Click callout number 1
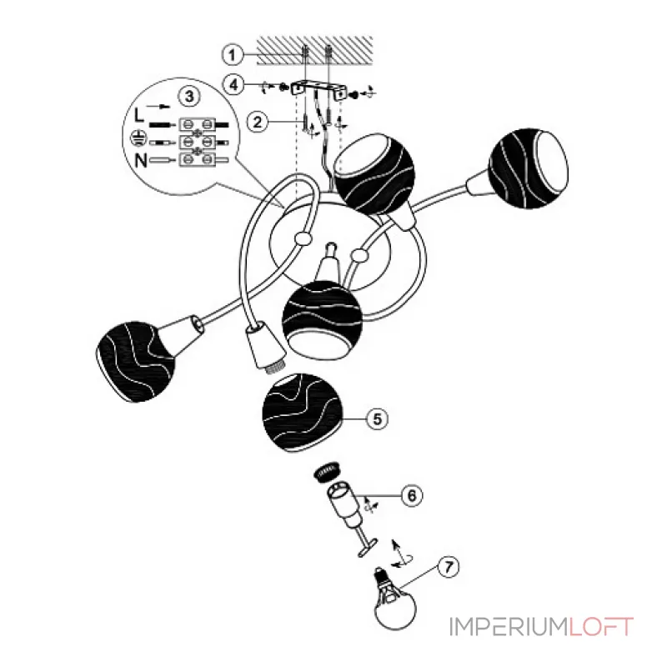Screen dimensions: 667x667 point(232,55)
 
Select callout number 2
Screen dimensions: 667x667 point(258,123)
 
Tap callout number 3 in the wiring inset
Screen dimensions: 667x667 point(189,96)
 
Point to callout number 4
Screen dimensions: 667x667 point(234,85)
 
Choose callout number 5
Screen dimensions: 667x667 point(378,419)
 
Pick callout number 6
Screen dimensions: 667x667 point(412,495)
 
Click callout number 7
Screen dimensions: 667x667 point(449,567)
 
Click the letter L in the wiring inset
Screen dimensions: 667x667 point(139,115)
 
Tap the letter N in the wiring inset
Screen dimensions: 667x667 point(141,161)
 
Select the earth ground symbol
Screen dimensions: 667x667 point(138,138)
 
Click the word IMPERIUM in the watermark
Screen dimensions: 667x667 point(509,627)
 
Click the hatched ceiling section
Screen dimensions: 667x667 point(315,50)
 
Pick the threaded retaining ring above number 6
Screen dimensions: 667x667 point(326,471)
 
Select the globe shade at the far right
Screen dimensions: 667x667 point(529,169)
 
